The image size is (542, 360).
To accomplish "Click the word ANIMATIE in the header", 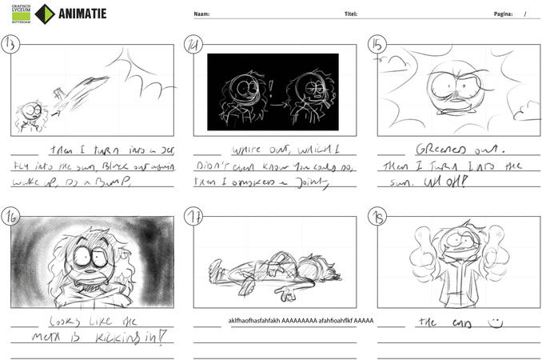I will click(82, 13).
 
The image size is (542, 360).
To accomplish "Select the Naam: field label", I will click(201, 14).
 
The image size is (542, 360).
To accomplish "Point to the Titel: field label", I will click(350, 14).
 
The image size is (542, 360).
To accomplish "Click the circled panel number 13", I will click(11, 44).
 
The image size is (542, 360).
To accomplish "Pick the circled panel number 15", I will click(377, 45).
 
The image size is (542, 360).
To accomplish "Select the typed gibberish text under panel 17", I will click(301, 320).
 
